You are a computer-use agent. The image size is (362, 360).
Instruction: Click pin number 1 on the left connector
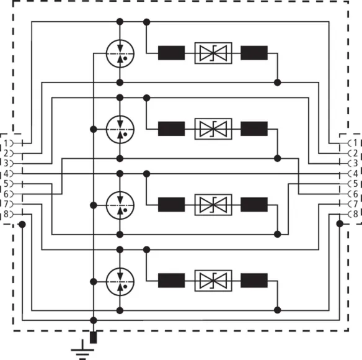coord(6,143)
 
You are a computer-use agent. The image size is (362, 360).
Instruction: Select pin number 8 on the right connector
coord(356,214)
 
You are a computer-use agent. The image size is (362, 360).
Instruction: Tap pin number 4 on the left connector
coord(6,174)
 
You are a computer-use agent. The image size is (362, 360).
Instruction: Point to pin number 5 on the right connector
coord(356,184)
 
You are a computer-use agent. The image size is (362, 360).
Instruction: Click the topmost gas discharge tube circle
coord(120,53)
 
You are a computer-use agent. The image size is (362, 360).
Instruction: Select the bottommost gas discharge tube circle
coord(120,282)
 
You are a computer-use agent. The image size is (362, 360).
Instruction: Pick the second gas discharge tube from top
coord(120,129)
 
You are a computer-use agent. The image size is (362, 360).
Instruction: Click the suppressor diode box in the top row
coord(213,53)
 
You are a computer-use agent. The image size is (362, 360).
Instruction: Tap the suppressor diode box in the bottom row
coord(213,281)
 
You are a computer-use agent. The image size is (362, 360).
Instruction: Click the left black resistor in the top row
coord(171,53)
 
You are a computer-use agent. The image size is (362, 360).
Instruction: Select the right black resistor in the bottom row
coord(254,281)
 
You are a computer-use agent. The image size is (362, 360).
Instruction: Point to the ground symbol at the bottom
coord(82,350)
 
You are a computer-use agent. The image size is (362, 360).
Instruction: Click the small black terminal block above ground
coord(93,338)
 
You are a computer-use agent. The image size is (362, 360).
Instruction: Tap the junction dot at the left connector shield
coord(22,224)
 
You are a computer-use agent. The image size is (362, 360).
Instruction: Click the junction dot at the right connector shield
coord(340,224)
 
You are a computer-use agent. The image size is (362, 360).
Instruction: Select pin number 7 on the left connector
coord(6,204)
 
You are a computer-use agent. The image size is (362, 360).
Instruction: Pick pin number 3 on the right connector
coord(356,163)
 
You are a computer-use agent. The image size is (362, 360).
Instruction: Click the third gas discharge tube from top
coord(120,205)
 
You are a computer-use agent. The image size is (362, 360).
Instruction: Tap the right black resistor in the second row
coord(254,128)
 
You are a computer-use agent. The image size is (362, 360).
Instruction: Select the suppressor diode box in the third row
coord(213,205)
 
